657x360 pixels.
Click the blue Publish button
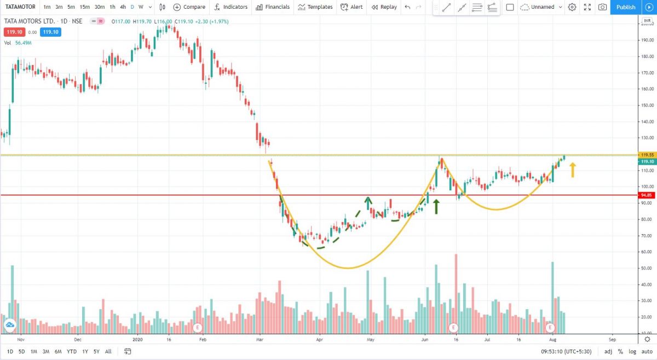click(x=625, y=7)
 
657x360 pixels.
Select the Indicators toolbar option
click(x=230, y=7)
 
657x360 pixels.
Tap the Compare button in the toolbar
click(x=189, y=7)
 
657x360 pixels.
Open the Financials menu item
click(x=273, y=7)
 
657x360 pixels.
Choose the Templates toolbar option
click(x=315, y=7)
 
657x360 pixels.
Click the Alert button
click(x=351, y=7)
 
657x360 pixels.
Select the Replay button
click(x=384, y=7)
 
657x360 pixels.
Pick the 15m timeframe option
click(x=85, y=7)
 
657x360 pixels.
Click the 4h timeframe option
click(x=123, y=7)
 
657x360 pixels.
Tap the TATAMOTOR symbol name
click(x=20, y=7)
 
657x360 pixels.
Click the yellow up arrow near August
click(x=573, y=170)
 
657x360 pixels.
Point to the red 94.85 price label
click(x=646, y=195)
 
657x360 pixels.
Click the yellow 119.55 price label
click(x=646, y=155)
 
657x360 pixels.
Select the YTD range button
click(x=72, y=351)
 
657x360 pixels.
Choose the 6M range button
click(x=58, y=351)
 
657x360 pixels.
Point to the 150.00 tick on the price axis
click(x=646, y=105)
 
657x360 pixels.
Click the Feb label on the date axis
click(x=203, y=340)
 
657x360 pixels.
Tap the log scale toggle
click(x=632, y=351)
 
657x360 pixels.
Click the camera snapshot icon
click(x=602, y=7)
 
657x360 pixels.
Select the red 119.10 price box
click(x=14, y=32)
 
